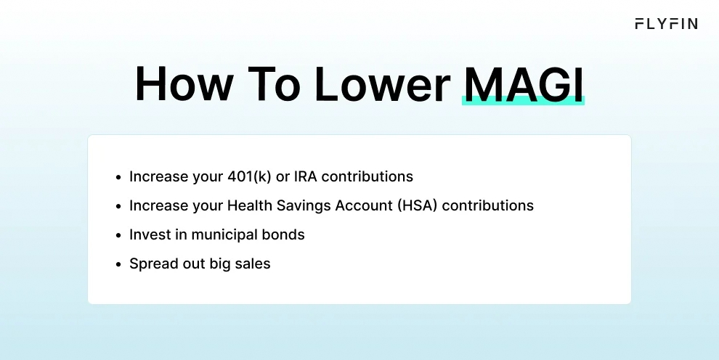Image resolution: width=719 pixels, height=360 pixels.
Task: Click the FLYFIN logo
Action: pos(666,24)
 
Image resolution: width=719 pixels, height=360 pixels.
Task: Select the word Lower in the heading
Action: pos(381,86)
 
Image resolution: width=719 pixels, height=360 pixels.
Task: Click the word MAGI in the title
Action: pos(523,86)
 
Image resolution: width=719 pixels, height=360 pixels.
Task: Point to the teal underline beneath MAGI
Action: pos(523,102)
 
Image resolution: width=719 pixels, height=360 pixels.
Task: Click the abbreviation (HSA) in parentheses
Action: pos(417,205)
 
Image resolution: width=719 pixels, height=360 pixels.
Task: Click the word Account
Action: pos(365,205)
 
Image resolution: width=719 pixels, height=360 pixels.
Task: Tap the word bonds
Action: pos(285,234)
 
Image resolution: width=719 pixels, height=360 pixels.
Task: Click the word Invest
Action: pos(148,234)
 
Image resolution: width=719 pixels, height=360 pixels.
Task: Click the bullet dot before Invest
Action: pos(118,235)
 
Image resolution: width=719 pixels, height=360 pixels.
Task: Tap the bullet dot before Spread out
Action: pos(118,264)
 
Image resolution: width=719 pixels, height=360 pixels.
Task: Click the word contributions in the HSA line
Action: pos(487,205)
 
